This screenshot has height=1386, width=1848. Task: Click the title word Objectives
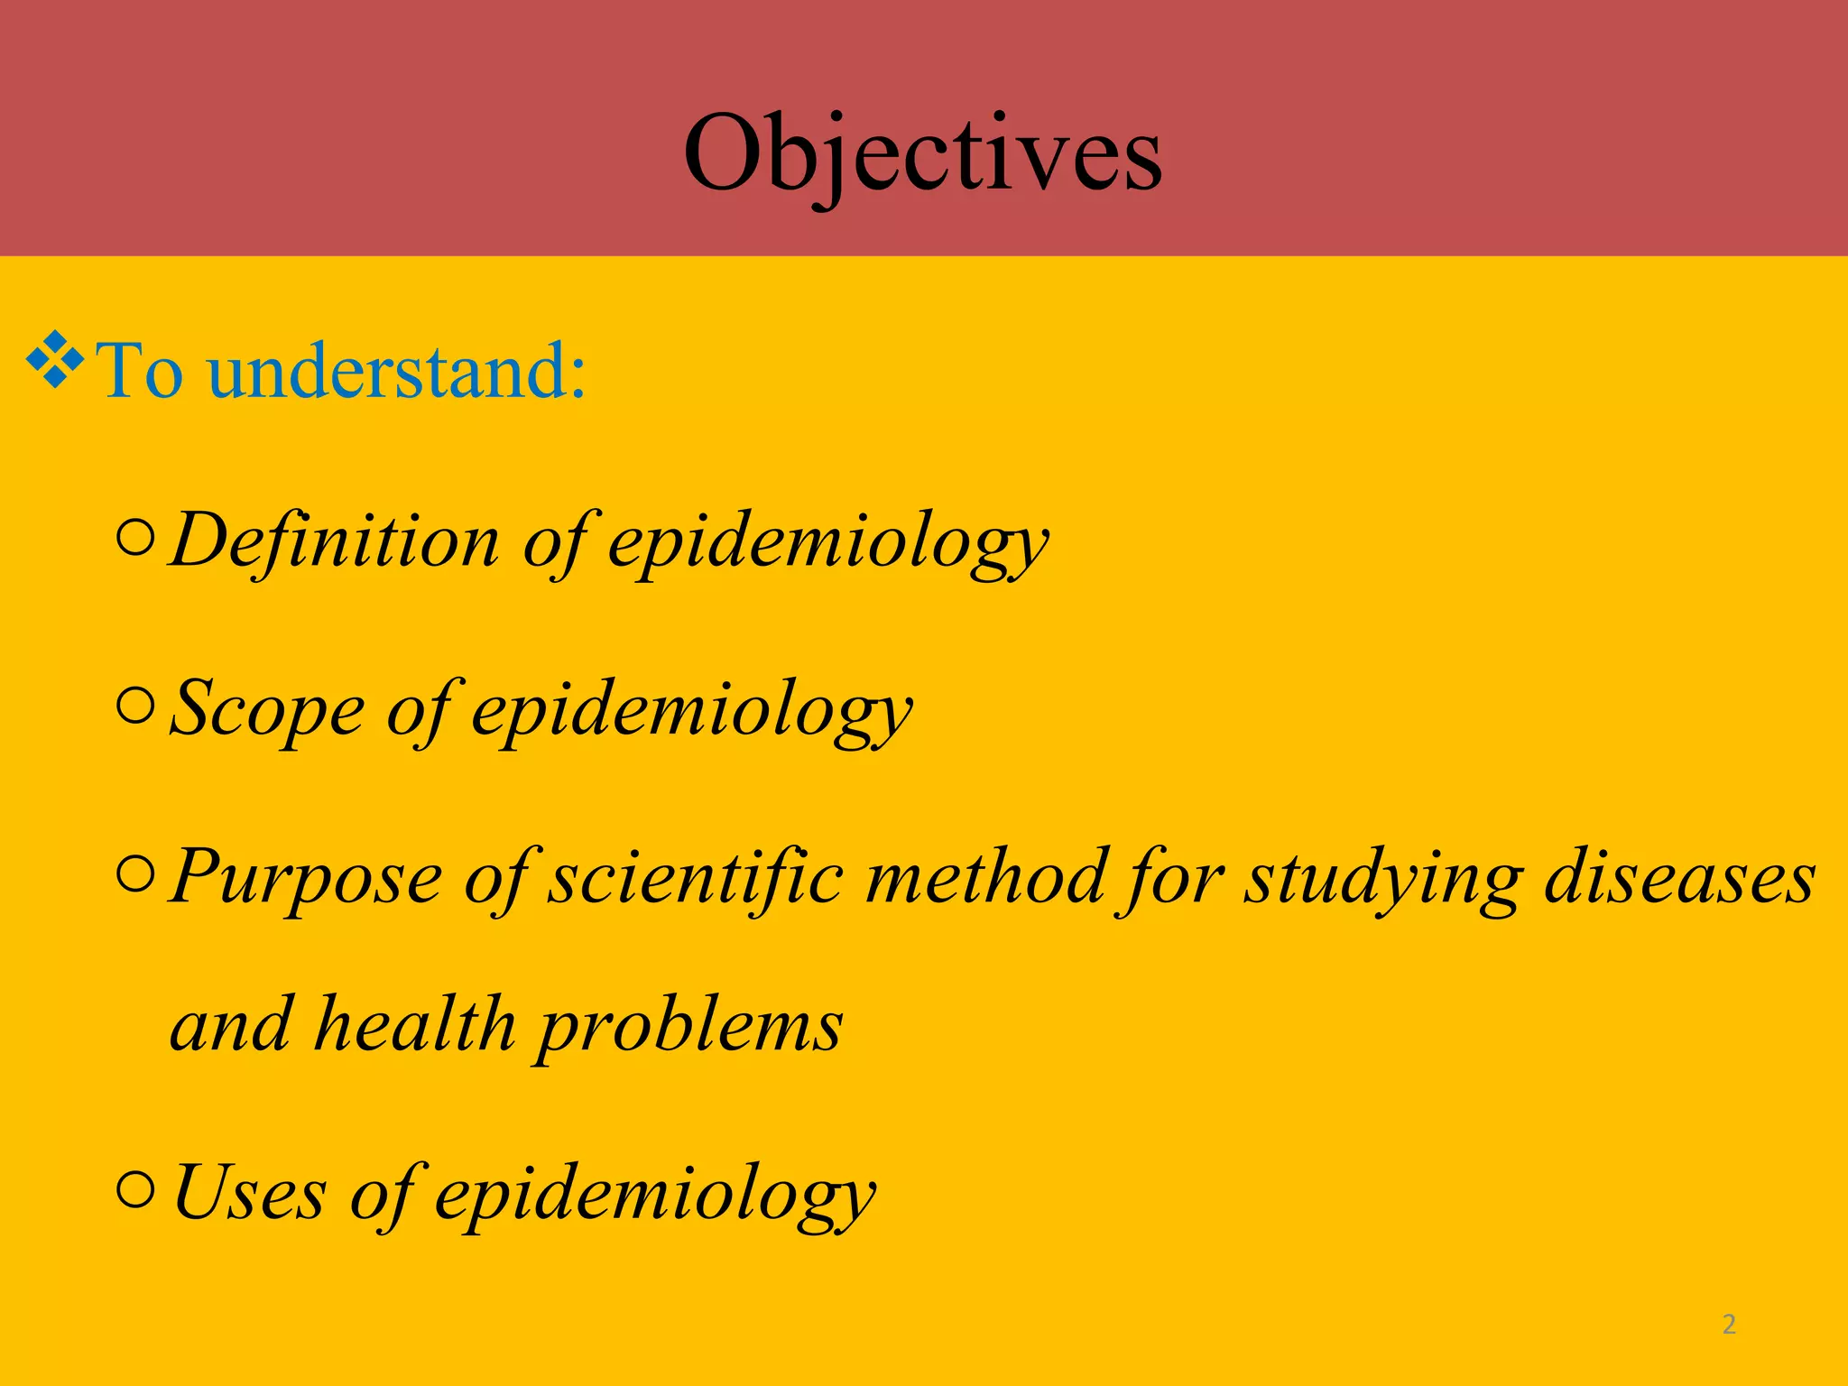[x=922, y=155]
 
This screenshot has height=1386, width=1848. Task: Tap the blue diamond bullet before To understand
[x=56, y=361]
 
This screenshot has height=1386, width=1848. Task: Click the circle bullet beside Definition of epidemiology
[x=136, y=539]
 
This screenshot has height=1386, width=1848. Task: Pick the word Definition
[x=334, y=540]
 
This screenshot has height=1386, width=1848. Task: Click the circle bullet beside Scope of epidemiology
[x=136, y=707]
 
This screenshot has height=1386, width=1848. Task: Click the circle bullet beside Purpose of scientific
[x=136, y=874]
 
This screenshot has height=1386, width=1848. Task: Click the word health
[x=414, y=1024]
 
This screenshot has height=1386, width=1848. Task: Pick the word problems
[x=690, y=1027]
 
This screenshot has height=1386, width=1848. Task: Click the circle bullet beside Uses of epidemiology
[x=136, y=1190]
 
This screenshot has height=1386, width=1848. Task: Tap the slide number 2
[x=1729, y=1325]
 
